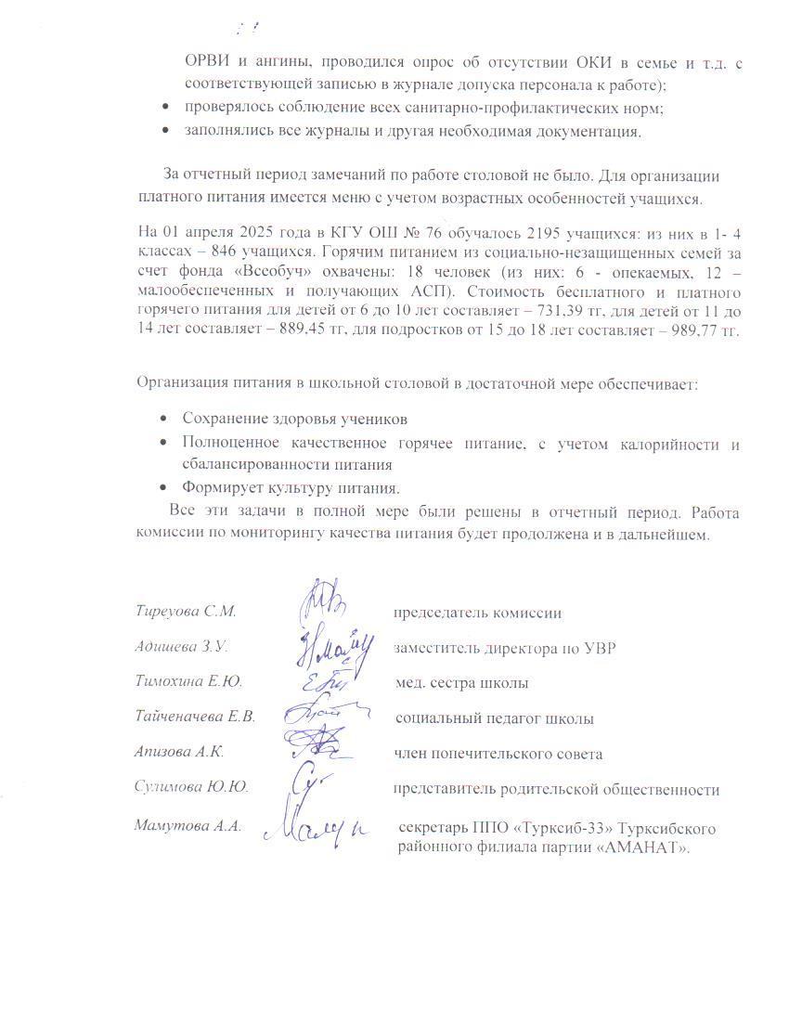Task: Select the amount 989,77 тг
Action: click(704, 332)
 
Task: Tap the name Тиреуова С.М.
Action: click(186, 613)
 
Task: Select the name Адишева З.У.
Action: click(182, 648)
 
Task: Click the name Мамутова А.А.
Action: click(188, 826)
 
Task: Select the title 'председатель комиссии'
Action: click(477, 613)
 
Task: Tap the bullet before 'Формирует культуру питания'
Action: click(163, 488)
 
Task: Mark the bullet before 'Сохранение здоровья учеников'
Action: click(163, 420)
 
